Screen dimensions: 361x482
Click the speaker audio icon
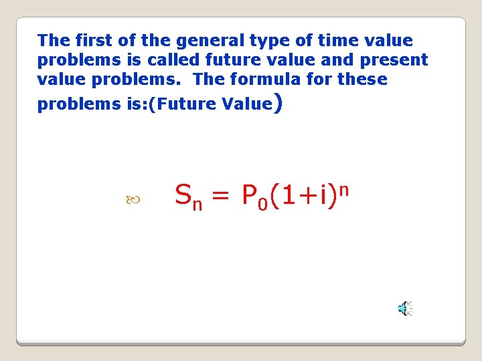click(x=405, y=308)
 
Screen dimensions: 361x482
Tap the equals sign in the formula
click(x=220, y=196)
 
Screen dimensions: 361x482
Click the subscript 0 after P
click(x=263, y=204)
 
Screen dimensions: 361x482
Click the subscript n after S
click(x=197, y=205)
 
